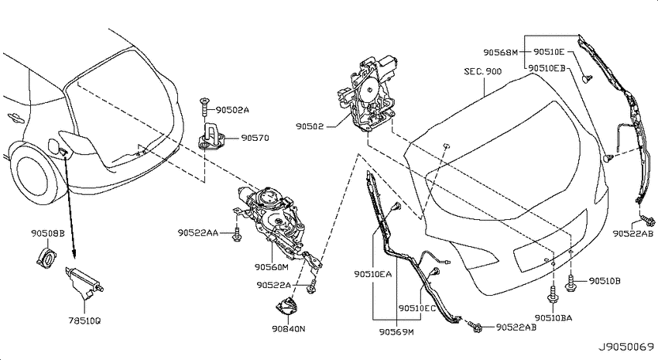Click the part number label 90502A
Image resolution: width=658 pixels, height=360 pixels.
pyautogui.click(x=232, y=110)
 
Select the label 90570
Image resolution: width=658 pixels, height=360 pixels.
pyautogui.click(x=255, y=138)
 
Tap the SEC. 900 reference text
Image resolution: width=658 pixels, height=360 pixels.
pyautogui.click(x=482, y=71)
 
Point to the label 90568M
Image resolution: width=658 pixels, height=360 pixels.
pyautogui.click(x=501, y=53)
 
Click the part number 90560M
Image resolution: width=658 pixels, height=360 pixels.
pyautogui.click(x=272, y=267)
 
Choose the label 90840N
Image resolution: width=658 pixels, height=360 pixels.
pyautogui.click(x=288, y=329)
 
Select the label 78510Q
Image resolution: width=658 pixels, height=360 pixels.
pyautogui.click(x=84, y=321)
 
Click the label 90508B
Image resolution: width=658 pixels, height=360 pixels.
pyautogui.click(x=48, y=233)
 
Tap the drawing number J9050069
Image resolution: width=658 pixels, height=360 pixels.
pyautogui.click(x=626, y=348)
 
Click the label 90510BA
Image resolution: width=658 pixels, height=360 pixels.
pyautogui.click(x=553, y=318)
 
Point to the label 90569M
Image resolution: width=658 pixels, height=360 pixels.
pyautogui.click(x=396, y=332)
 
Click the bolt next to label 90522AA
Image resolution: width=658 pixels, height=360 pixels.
pyautogui.click(x=237, y=235)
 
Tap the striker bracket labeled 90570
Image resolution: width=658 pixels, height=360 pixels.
pyautogui.click(x=212, y=136)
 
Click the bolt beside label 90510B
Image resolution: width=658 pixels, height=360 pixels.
pyautogui.click(x=571, y=283)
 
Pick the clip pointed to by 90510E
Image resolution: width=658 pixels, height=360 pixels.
pyautogui.click(x=588, y=77)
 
